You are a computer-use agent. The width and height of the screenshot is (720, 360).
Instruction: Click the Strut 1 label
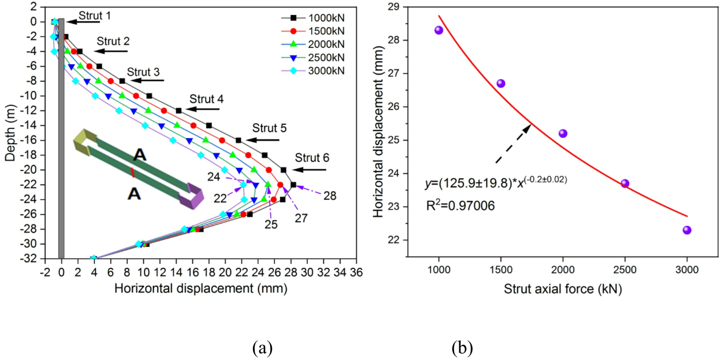(94, 16)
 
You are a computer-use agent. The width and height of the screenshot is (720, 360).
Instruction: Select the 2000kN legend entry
(313, 44)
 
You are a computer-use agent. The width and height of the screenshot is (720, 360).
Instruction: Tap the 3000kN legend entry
(313, 71)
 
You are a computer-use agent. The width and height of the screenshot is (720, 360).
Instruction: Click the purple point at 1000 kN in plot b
(439, 30)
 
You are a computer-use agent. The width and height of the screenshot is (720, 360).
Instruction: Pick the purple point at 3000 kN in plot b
(687, 230)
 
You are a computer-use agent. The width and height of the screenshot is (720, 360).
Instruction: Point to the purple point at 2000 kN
(563, 133)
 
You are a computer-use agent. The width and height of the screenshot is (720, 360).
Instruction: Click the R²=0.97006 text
(460, 206)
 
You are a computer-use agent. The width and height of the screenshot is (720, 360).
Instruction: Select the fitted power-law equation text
(496, 183)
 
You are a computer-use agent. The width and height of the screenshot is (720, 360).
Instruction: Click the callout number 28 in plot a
(330, 196)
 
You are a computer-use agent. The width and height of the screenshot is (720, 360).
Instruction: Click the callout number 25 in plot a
(271, 224)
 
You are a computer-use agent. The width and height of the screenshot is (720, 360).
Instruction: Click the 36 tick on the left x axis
(356, 272)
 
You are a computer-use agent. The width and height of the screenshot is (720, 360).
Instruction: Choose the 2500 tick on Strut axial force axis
(625, 270)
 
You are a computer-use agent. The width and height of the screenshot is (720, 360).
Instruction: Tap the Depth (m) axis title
(10, 133)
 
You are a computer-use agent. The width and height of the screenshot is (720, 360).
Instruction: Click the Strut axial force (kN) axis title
(563, 289)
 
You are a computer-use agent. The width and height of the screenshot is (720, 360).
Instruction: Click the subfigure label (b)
(462, 348)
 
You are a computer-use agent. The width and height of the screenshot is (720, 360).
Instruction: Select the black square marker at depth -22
(293, 185)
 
